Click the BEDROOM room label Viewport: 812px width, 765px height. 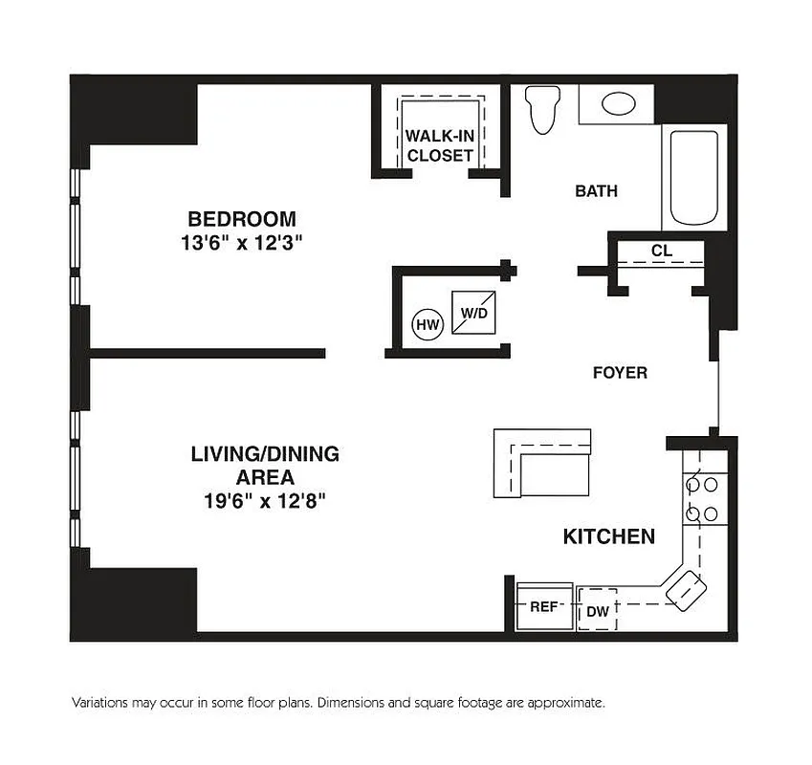tap(241, 218)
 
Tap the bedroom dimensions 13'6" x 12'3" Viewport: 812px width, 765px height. tap(241, 243)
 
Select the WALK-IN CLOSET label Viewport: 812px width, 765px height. tap(439, 145)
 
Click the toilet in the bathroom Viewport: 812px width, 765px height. tap(543, 109)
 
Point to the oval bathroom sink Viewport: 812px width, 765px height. tap(617, 103)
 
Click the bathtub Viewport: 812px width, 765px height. tap(693, 177)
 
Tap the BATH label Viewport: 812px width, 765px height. tap(596, 191)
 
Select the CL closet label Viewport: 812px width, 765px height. tap(660, 251)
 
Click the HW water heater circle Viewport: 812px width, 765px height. tap(427, 325)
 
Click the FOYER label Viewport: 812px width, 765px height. tap(620, 373)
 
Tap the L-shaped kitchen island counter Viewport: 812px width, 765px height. tap(541, 463)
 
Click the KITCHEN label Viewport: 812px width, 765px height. tap(608, 536)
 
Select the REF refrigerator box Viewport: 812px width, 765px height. tap(544, 607)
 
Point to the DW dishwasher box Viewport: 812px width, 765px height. tap(598, 610)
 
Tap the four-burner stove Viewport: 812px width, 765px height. tap(700, 498)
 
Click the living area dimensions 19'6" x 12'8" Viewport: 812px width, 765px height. tap(265, 501)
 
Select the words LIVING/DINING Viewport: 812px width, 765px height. tap(265, 454)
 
